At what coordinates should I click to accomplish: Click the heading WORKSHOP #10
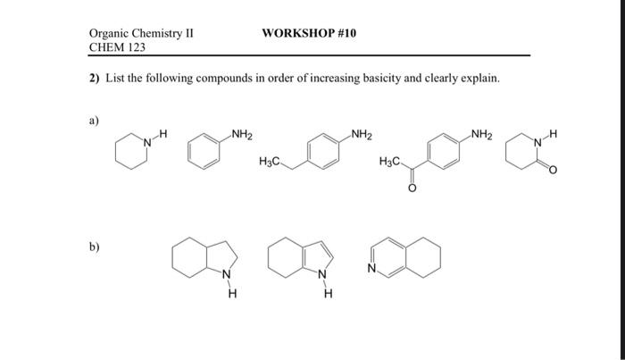click(x=309, y=32)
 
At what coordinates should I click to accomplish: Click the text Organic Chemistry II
click(x=141, y=33)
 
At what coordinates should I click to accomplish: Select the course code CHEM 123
click(x=117, y=46)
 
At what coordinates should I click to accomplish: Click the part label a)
click(x=94, y=118)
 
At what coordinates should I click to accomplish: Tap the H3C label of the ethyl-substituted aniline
click(x=269, y=162)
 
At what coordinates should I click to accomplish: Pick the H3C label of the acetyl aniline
click(x=390, y=162)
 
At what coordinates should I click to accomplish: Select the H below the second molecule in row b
click(x=328, y=297)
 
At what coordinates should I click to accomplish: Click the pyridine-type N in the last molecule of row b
click(x=371, y=266)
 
